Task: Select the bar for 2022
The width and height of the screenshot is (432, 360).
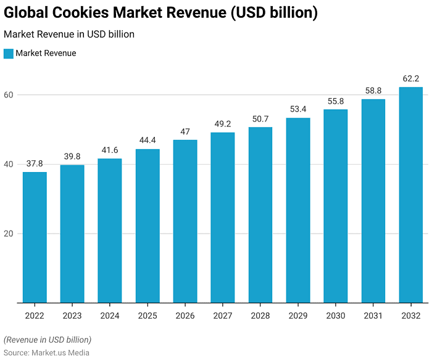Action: (x=35, y=237)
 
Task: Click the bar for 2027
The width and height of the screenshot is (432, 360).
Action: (x=223, y=218)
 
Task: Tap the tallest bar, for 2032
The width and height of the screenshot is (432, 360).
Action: (x=410, y=195)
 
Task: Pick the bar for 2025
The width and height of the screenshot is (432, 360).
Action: (x=147, y=226)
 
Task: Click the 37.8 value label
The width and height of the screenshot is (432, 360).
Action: (x=35, y=163)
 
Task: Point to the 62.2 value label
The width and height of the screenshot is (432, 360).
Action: (x=410, y=79)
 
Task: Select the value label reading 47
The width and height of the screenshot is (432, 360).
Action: (x=185, y=131)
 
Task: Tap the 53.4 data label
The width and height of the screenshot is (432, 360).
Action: (x=298, y=109)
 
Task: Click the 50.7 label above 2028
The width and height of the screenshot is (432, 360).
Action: (x=260, y=118)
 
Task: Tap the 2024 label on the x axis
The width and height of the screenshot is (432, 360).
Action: (x=110, y=316)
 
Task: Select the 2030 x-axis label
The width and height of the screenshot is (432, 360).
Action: (x=336, y=316)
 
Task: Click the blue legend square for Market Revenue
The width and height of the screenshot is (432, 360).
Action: (x=8, y=54)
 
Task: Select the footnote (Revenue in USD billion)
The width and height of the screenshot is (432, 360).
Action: (x=48, y=340)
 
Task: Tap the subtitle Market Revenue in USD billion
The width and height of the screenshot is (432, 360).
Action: (x=69, y=35)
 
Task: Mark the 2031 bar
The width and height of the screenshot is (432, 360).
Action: (x=373, y=201)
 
